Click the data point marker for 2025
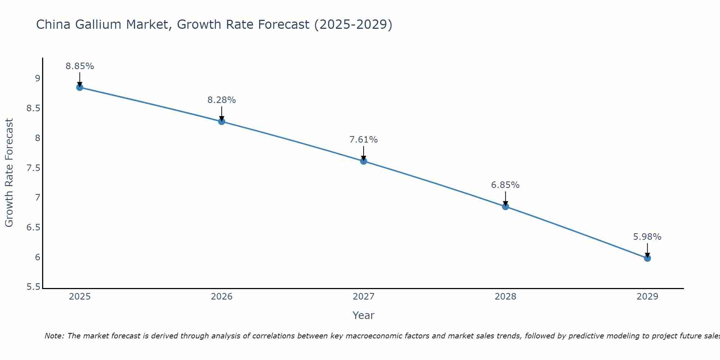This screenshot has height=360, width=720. [80, 87]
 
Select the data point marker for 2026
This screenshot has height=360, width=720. [221, 122]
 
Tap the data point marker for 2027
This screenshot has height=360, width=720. [364, 161]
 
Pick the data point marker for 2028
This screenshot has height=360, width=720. [505, 207]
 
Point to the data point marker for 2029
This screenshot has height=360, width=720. [647, 258]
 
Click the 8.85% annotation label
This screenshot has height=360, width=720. [80, 66]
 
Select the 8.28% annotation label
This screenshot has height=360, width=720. [221, 100]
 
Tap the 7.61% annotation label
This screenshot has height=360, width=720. [364, 140]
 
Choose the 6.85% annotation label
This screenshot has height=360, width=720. [505, 185]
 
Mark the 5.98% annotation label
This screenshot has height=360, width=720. [647, 237]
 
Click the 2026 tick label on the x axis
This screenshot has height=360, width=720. [221, 297]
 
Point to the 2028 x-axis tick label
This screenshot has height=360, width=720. [505, 297]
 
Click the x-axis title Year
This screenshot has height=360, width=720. [364, 315]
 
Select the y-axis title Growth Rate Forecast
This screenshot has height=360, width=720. [9, 173]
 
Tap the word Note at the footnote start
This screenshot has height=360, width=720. [54, 336]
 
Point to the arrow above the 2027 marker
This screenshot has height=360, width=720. [364, 153]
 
